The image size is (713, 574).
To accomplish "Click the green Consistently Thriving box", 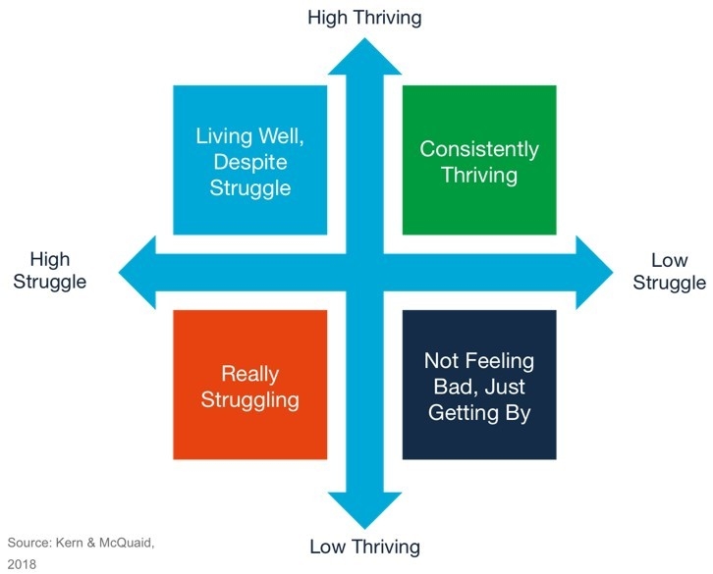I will coord(478,160).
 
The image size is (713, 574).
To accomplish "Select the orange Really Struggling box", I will coord(250,385).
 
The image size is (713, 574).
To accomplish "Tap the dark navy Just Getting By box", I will coord(478,385).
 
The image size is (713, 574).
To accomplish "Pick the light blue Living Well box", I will coord(250,160).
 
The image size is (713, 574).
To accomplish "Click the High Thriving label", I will coord(364,17).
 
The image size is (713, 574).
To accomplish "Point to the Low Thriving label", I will coord(364,547).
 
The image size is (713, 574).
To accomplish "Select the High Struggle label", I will coord(50,270).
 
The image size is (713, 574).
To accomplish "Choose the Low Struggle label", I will coord(668,272).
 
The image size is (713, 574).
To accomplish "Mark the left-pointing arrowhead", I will coord(137,272).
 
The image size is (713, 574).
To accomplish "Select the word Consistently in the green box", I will coord(478,149).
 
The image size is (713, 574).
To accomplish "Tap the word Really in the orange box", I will coord(250,374).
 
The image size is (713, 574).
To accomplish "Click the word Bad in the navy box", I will coord(444,386).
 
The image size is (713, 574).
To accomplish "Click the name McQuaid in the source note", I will coord(119,543).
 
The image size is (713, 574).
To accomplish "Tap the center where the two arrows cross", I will coord(364,272).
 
